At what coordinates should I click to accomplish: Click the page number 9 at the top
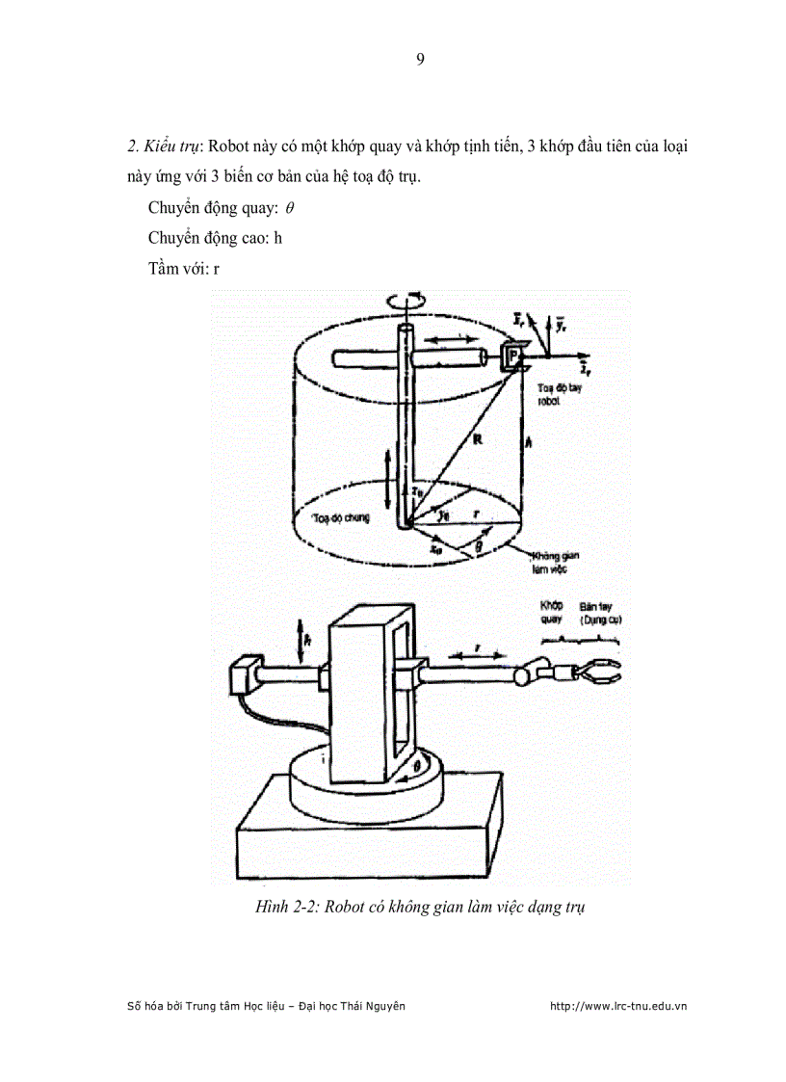point(420,60)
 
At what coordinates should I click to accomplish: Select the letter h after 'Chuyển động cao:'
point(277,238)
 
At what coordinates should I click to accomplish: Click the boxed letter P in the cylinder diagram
point(512,357)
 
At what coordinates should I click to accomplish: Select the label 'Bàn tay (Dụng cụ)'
point(600,614)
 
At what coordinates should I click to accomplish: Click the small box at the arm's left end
point(245,674)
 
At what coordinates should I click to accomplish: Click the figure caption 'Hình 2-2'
point(288,907)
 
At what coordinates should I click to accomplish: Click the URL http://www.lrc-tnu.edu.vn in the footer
point(617,1006)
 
